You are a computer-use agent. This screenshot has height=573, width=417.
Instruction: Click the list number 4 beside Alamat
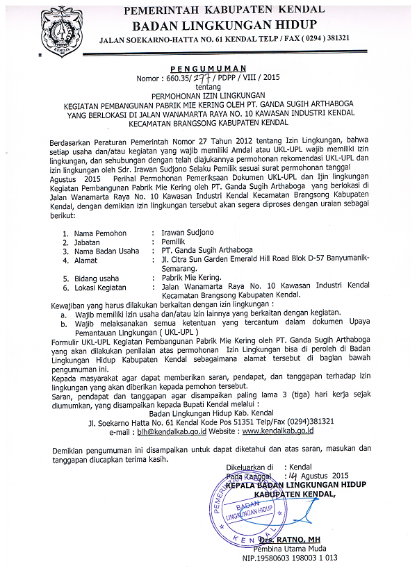click(x=65, y=260)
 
